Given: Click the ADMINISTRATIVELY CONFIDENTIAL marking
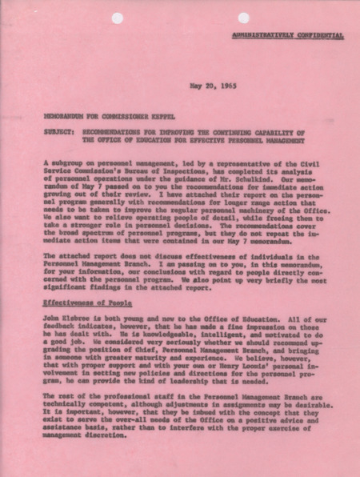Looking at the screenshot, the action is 299,36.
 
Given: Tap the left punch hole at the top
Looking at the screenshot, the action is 117,17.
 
